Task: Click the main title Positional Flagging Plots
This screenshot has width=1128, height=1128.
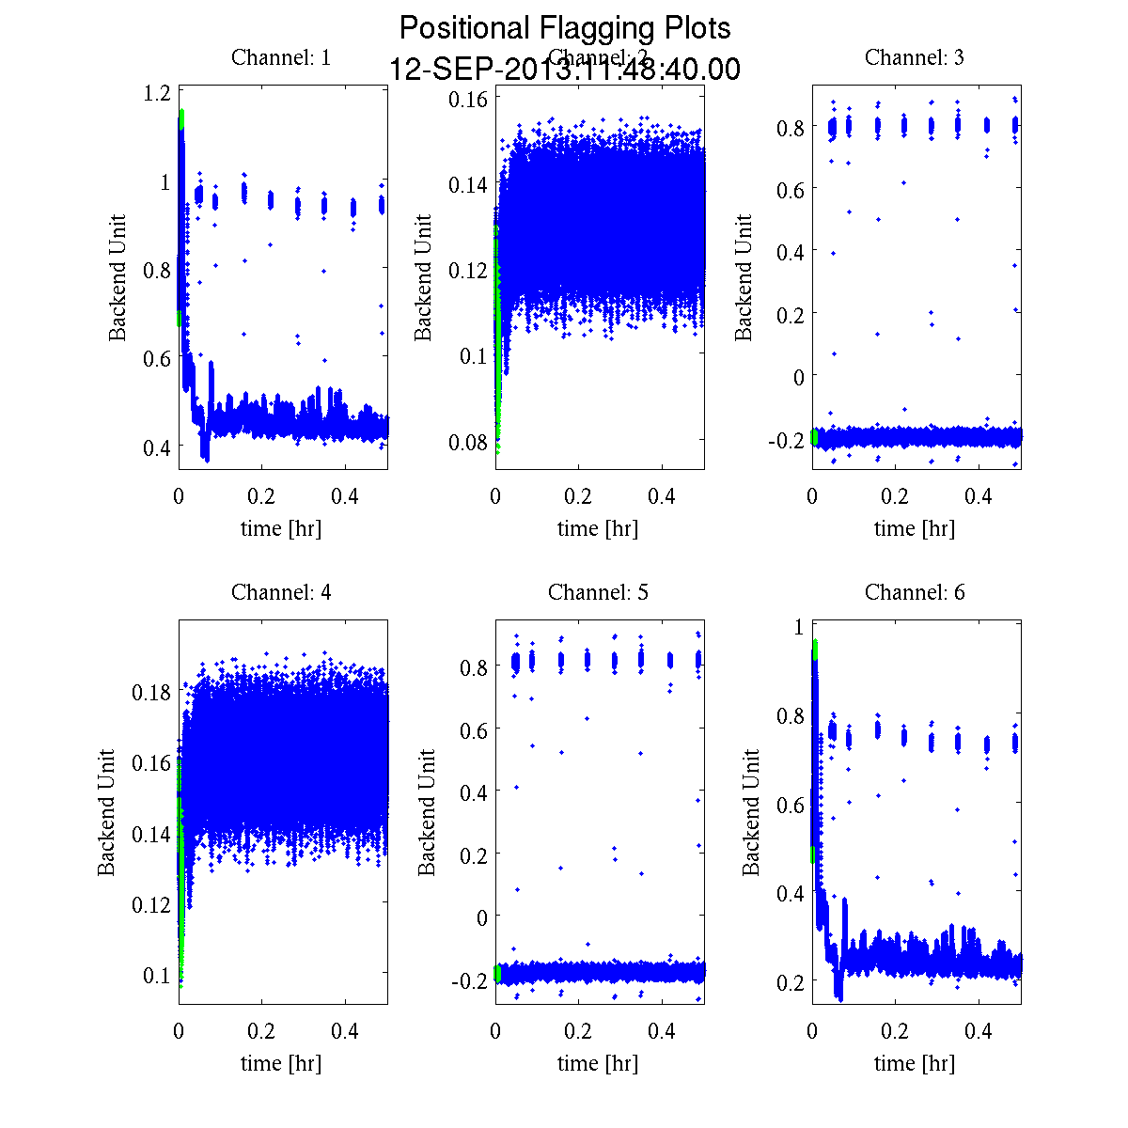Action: (x=564, y=28)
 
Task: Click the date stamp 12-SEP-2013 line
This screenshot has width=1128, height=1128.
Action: (x=564, y=70)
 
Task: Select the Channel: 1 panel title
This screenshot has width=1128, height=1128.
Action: (x=281, y=57)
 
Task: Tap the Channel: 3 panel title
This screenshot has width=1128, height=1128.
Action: (x=915, y=57)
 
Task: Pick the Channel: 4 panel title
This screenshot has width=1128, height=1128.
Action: (x=281, y=592)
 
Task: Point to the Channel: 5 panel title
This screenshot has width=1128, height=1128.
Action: (x=598, y=592)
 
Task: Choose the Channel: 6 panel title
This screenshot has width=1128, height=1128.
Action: (x=915, y=592)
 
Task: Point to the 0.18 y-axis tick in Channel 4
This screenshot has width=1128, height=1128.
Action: (x=150, y=692)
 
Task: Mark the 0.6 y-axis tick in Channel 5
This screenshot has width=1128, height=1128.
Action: (x=476, y=729)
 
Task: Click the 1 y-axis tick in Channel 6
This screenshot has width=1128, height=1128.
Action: (x=798, y=627)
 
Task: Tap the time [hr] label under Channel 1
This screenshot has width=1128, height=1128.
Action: (x=281, y=528)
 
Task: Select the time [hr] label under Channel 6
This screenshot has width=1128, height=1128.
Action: (x=915, y=1063)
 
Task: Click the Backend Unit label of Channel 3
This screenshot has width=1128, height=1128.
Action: (x=744, y=277)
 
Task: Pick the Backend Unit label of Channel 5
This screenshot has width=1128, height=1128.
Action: (x=428, y=812)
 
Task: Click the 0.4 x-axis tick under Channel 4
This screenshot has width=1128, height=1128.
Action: (x=346, y=1031)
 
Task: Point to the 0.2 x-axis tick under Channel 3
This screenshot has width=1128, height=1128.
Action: (x=896, y=496)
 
